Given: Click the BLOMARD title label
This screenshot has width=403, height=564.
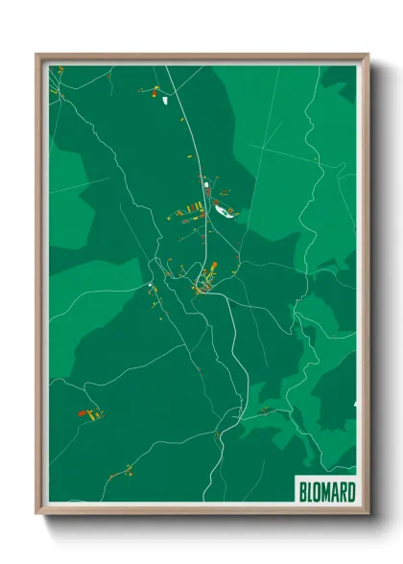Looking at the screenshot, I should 326,492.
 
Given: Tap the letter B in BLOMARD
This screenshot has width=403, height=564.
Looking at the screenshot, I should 302,492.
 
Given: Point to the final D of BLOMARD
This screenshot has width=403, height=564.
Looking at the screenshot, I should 351,492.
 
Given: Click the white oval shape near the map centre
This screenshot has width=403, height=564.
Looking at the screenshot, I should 223,213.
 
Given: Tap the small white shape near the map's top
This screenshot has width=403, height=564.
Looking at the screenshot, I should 165,98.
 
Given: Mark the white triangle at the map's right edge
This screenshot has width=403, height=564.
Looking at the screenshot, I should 354,405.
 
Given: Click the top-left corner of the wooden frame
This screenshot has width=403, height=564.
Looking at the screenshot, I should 38,56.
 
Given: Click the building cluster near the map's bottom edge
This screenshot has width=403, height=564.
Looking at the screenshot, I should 122,471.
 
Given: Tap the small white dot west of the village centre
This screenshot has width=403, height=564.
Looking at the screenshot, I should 150,285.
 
